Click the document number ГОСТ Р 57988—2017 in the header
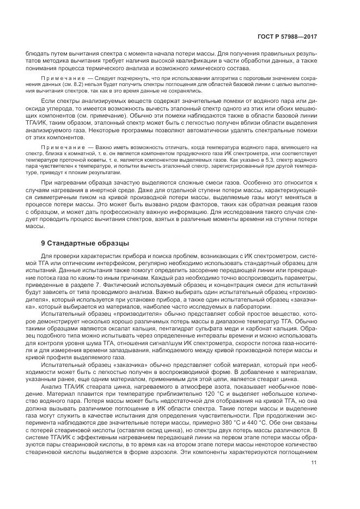click(x=288, y=36)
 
